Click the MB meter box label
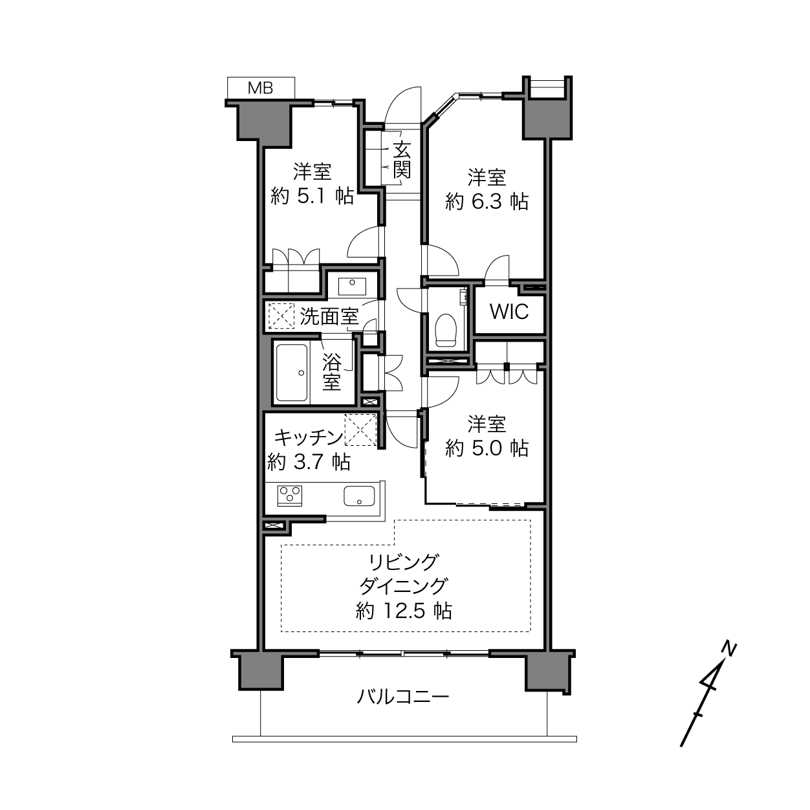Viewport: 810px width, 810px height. [x=260, y=88]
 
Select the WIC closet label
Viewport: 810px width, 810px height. [x=509, y=312]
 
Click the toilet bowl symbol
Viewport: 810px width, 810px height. [x=446, y=331]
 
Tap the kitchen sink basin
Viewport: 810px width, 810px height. [x=359, y=496]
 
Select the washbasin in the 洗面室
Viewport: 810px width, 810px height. [x=352, y=286]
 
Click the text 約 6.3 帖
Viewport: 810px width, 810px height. [x=487, y=202]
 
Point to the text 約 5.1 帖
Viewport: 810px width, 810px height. [x=312, y=196]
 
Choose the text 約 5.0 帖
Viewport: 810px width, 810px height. [x=487, y=449]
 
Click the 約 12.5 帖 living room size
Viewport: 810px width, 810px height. [x=404, y=611]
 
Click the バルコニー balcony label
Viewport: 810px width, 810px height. [x=403, y=697]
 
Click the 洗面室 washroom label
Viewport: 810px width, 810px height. [x=329, y=316]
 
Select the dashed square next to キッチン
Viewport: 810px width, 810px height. [x=360, y=429]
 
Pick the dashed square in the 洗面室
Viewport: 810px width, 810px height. [x=281, y=316]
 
